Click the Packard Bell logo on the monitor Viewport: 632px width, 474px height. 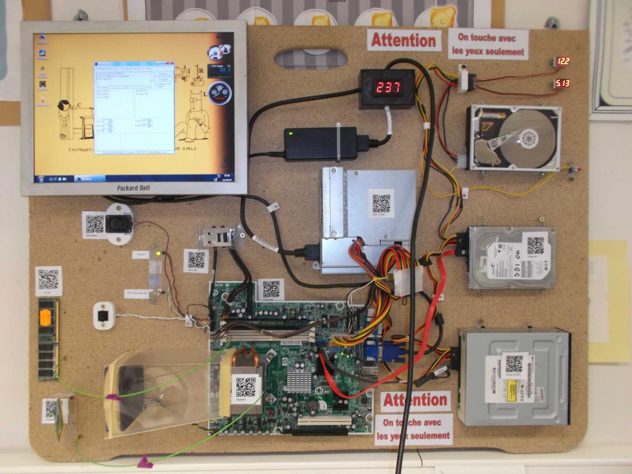coord(134,188)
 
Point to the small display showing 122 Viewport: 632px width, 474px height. coord(563,62)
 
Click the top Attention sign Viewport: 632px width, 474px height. coord(403,40)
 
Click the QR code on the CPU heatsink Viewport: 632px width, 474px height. coord(245,388)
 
